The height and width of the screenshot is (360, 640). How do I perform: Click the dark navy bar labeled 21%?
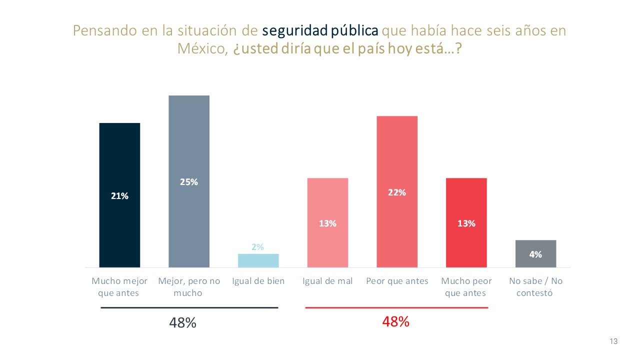[x=119, y=195]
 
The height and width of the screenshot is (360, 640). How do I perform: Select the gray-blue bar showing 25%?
[x=189, y=181]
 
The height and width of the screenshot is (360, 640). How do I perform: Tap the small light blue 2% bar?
[x=258, y=260]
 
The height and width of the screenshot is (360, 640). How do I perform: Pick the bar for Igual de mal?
[x=327, y=222]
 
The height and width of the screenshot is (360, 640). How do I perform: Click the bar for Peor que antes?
[x=397, y=191]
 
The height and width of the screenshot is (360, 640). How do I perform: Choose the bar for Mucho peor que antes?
[x=466, y=222]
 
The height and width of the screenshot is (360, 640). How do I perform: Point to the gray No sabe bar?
[x=535, y=253]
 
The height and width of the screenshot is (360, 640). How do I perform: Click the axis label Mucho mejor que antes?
[x=119, y=287]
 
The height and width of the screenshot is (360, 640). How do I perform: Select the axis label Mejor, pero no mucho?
[x=189, y=287]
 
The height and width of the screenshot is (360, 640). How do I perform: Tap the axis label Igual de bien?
[x=258, y=281]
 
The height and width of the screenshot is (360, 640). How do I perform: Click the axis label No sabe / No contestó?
[x=535, y=287]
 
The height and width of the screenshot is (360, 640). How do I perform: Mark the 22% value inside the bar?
[x=397, y=192]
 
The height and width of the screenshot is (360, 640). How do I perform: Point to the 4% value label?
[x=535, y=254]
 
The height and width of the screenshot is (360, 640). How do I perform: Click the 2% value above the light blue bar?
[x=258, y=247]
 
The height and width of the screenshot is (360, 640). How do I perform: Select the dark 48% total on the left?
[x=182, y=323]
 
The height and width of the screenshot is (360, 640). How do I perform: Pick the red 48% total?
[x=396, y=322]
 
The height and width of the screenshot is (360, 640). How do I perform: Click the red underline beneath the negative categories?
[x=396, y=308]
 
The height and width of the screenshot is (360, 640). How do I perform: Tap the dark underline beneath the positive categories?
[x=189, y=308]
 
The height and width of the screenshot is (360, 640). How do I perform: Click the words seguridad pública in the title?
[x=320, y=30]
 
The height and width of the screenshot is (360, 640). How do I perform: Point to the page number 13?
[x=614, y=341]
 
